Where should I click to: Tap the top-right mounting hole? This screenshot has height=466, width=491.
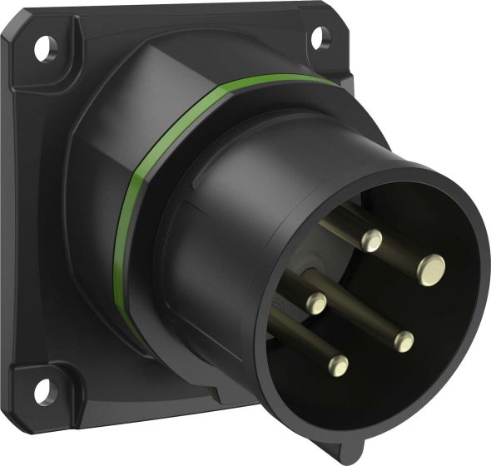click(x=318, y=36)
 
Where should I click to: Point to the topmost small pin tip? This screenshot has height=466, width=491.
click(x=373, y=241)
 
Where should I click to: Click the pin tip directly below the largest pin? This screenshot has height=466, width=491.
click(x=404, y=340)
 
